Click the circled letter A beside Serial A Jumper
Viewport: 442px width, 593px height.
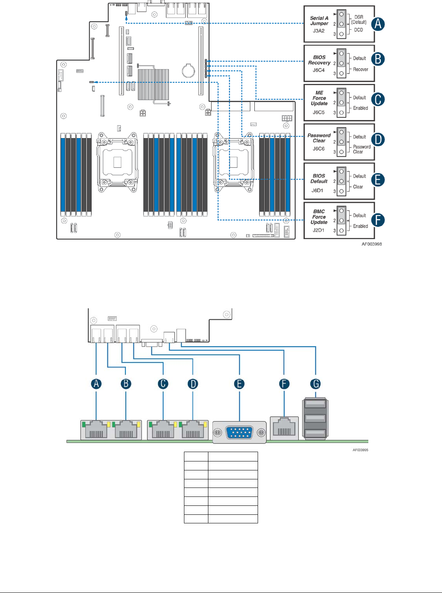pyautogui.click(x=378, y=24)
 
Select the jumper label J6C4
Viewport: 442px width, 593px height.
pyautogui.click(x=319, y=70)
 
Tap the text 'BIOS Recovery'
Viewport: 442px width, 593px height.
pyautogui.click(x=319, y=60)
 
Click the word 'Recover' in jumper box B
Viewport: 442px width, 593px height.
pyautogui.click(x=361, y=69)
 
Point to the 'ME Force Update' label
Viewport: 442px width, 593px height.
pyautogui.click(x=319, y=98)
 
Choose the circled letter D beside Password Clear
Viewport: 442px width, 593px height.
pyautogui.click(x=378, y=140)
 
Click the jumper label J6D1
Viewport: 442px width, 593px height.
pyautogui.click(x=317, y=190)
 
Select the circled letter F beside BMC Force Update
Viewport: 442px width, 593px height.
pyautogui.click(x=378, y=220)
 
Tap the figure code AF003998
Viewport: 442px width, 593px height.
pyautogui.click(x=372, y=244)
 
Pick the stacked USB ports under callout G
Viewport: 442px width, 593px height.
pyautogui.click(x=315, y=419)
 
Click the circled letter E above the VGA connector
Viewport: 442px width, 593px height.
pyautogui.click(x=239, y=384)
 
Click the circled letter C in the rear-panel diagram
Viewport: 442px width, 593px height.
pyautogui.click(x=163, y=384)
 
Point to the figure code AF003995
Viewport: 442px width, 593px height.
pyautogui.click(x=360, y=450)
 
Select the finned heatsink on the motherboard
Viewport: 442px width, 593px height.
pyautogui.click(x=153, y=84)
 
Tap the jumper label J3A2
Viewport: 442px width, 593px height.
pyautogui.click(x=319, y=31)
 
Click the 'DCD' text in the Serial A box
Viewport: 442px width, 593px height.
pyautogui.click(x=359, y=30)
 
